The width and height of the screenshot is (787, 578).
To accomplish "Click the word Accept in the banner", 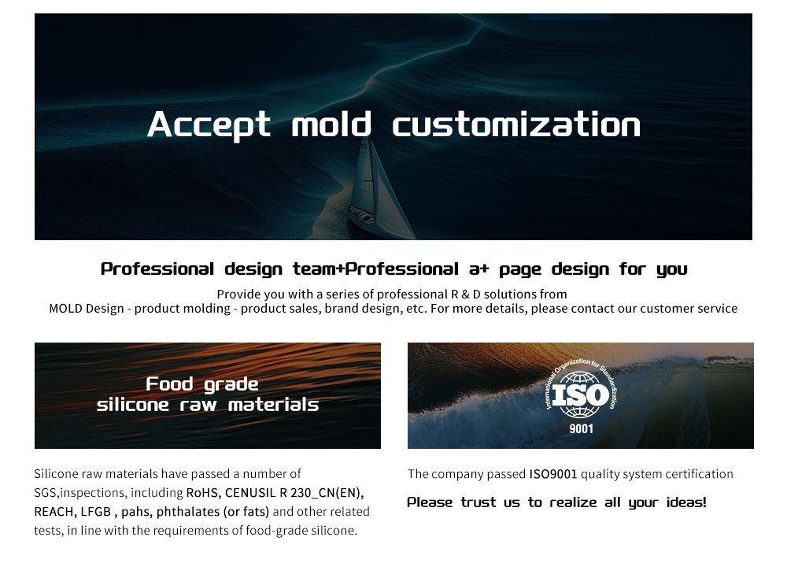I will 209,125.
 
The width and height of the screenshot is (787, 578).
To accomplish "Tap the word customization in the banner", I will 516,125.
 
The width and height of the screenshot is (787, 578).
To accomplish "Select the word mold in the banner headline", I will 331,125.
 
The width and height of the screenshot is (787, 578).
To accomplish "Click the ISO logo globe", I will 580,393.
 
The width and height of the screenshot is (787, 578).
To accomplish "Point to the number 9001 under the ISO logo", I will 581,429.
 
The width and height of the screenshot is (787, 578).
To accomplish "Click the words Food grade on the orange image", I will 202,384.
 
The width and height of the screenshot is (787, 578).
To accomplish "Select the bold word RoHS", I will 204,493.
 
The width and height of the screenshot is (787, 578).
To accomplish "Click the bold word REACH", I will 54,512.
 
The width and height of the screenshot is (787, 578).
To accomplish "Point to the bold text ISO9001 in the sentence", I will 552,474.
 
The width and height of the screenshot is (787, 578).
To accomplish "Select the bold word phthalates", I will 188,512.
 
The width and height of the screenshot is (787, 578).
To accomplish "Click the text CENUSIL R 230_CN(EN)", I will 294,493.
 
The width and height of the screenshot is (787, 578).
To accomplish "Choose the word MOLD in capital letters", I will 65,309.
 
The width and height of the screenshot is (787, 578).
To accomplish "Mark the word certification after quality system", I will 699,474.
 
